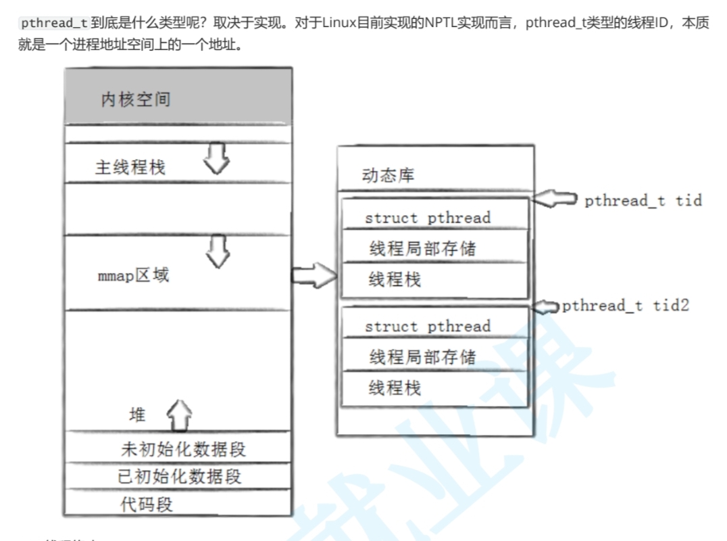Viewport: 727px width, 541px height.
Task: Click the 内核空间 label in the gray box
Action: pyautogui.click(x=136, y=100)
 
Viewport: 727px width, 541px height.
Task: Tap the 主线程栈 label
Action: pyautogui.click(x=130, y=167)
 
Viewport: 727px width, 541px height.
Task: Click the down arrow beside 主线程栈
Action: pyautogui.click(x=217, y=157)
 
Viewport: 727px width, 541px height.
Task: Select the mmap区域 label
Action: pyautogui.click(x=133, y=275)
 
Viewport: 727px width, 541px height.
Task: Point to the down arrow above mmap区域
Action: pyautogui.click(x=218, y=251)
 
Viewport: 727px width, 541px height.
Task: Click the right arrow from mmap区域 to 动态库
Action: pyautogui.click(x=314, y=275)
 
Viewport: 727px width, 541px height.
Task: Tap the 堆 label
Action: pyautogui.click(x=137, y=415)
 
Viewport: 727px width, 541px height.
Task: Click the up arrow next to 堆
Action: pyautogui.click(x=179, y=414)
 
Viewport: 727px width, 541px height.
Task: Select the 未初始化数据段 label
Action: pyautogui.click(x=183, y=448)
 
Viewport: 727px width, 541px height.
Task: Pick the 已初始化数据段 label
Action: pyautogui.click(x=179, y=476)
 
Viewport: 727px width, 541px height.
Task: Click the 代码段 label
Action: pyautogui.click(x=147, y=504)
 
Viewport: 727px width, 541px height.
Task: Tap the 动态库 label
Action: pyautogui.click(x=388, y=176)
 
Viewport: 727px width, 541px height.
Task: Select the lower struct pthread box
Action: pyautogui.click(x=434, y=326)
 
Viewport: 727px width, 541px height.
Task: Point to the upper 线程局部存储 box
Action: pyautogui.click(x=434, y=248)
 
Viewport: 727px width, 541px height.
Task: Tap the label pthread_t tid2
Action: pyautogui.click(x=625, y=306)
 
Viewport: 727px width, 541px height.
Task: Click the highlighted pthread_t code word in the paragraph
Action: pyautogui.click(x=53, y=23)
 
